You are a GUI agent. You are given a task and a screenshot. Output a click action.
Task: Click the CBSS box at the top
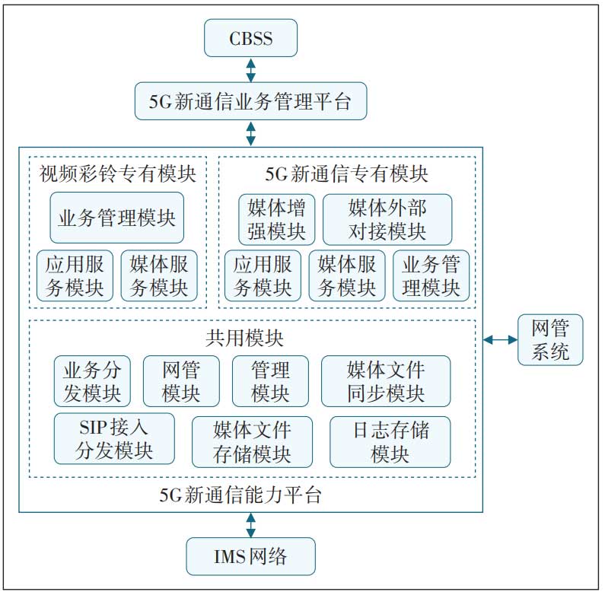250,39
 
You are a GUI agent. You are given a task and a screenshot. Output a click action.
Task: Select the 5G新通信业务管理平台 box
250,102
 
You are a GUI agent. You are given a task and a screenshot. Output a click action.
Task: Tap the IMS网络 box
250,556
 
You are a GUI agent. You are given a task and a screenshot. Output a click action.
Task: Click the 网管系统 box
549,340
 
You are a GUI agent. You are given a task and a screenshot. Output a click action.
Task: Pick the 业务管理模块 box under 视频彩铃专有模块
117,218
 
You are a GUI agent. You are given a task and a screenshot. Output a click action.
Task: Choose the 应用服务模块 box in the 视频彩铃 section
75,275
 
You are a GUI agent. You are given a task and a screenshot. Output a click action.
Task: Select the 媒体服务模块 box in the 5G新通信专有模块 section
347,275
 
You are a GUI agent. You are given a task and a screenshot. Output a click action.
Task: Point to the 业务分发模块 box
92,381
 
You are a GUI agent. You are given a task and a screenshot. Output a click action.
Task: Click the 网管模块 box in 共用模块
181,381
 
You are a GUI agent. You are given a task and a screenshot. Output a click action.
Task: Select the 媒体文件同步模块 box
386,381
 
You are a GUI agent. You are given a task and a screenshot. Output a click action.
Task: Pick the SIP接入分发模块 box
114,439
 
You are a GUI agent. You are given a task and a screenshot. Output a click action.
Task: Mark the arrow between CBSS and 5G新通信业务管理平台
250,70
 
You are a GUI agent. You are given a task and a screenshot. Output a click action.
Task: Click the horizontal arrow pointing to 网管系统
499,339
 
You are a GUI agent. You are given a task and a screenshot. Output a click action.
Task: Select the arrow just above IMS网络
250,525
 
